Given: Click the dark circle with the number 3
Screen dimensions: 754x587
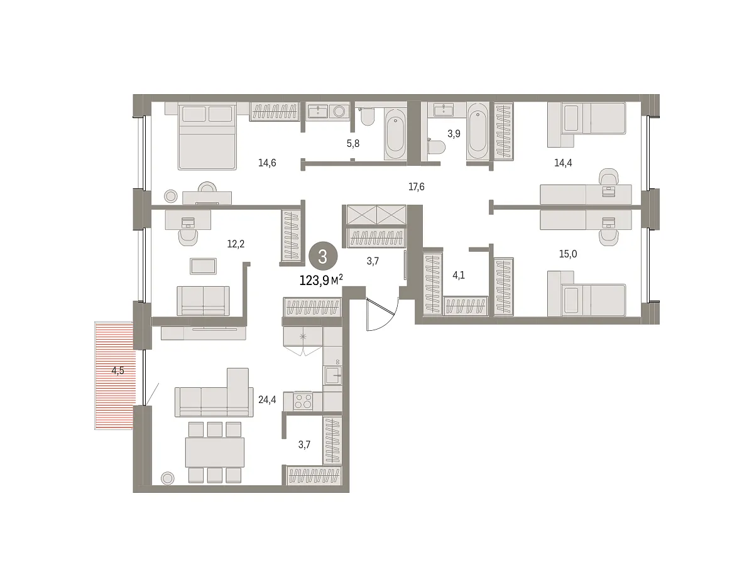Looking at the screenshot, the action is (x=323, y=257).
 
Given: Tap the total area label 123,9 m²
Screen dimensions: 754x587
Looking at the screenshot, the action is (x=321, y=280).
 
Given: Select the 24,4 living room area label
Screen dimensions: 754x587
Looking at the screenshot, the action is (x=267, y=400).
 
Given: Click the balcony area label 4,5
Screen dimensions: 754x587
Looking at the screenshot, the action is (x=117, y=370).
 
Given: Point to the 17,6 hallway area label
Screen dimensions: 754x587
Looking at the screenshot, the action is (x=416, y=187).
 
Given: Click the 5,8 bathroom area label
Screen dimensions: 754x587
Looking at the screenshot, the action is (x=353, y=143).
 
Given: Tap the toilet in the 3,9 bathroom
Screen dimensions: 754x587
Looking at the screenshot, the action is (x=437, y=146).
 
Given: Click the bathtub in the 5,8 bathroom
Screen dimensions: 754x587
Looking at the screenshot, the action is (x=395, y=134).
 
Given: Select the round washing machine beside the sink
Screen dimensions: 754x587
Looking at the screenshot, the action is (x=339, y=111).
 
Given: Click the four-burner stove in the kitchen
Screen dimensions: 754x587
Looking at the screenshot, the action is (x=303, y=401).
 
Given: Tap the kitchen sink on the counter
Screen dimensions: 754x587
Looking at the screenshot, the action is (x=332, y=375).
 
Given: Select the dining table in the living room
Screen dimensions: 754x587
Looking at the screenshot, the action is (x=215, y=453).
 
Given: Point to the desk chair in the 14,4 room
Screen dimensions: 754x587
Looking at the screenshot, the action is (x=609, y=177).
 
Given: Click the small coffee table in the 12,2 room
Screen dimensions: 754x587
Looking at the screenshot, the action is (x=203, y=266).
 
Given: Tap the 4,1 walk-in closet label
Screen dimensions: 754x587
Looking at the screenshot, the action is (x=458, y=276).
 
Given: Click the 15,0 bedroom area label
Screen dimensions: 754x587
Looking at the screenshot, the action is (x=567, y=254).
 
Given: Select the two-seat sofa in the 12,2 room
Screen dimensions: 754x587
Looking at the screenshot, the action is (x=203, y=301).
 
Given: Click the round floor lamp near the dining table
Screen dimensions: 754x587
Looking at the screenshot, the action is (x=168, y=478).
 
